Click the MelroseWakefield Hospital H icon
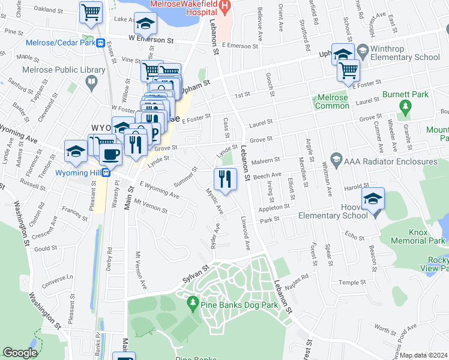tap(225, 8)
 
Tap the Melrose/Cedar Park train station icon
tap(101, 43)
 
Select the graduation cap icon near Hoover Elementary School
tap(373, 199)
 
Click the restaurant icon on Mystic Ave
tap(225, 178)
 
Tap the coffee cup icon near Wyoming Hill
tap(110, 154)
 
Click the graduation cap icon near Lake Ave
tap(145, 23)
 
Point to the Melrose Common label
tap(333, 102)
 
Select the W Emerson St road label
tap(151, 37)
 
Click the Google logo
tap(20, 353)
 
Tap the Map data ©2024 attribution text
tap(424, 355)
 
